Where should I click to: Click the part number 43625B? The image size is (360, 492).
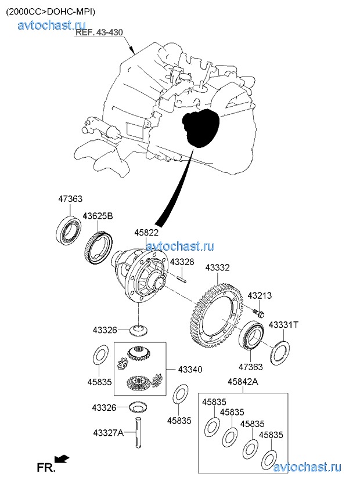[98, 216]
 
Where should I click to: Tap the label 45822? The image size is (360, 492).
[146, 233]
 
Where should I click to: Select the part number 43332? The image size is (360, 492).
[217, 268]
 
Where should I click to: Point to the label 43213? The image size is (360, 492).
[260, 295]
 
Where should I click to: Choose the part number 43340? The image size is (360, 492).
[190, 370]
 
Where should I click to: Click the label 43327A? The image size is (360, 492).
[109, 432]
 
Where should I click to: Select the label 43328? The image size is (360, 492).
[182, 262]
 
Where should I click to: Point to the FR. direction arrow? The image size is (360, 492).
[62, 459]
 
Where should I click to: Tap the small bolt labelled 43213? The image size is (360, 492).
[258, 313]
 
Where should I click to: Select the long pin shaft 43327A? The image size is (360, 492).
[140, 433]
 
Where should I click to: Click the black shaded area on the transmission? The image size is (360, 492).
[200, 128]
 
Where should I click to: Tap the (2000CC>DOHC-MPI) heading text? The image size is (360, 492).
[51, 11]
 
